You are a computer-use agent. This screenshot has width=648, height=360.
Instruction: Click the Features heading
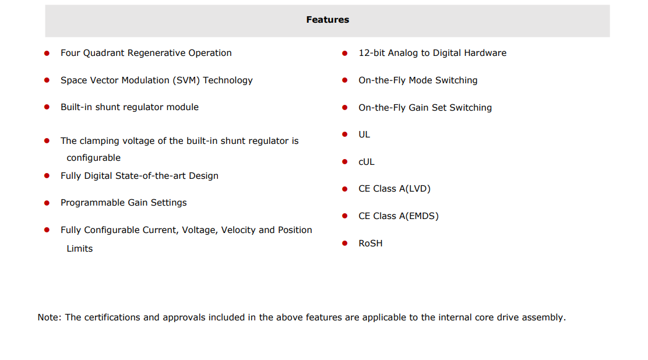point(327,20)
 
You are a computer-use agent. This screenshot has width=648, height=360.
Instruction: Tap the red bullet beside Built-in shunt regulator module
point(47,107)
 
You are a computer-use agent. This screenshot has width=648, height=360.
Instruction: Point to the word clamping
point(98,141)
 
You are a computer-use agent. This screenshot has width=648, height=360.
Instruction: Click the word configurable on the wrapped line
point(94,158)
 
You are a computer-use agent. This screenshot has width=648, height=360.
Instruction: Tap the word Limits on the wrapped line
point(80,248)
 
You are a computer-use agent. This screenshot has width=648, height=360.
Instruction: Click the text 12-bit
point(372,53)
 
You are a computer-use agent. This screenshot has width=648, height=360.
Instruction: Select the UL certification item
point(364,135)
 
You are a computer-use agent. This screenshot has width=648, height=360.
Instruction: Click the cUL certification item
point(366,162)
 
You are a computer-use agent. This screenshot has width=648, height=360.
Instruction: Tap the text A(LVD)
point(415,189)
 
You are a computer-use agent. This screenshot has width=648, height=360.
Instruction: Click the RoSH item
point(370,243)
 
